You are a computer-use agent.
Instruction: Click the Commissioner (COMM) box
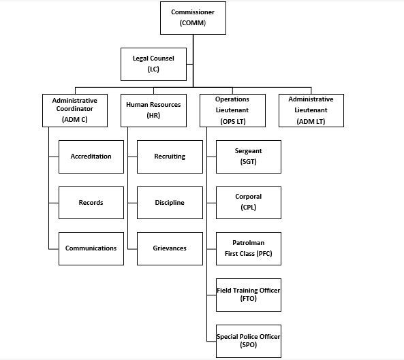pos(193,18)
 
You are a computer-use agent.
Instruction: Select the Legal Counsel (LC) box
pos(153,64)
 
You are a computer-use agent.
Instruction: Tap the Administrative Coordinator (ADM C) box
pos(75,110)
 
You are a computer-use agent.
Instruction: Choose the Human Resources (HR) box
pos(154,110)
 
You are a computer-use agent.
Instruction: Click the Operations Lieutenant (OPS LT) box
pos(232,110)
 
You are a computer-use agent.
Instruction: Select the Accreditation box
pos(91,157)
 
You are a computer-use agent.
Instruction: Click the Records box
pos(91,203)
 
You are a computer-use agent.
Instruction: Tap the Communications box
pos(91,248)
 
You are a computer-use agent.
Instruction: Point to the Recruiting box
pos(170,157)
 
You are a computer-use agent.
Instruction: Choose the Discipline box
pos(170,203)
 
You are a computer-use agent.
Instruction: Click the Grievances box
pos(170,248)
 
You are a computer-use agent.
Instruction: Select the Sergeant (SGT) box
pos(248,157)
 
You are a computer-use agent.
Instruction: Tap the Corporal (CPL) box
pos(248,202)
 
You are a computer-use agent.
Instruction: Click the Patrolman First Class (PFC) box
pos(248,248)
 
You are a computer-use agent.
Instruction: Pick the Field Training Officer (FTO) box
pos(248,295)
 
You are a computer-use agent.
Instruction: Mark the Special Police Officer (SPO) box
pos(248,340)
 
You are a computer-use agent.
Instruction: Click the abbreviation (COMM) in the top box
pos(193,24)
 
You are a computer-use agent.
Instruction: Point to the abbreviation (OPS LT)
pos(232,120)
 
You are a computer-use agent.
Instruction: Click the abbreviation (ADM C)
pos(75,120)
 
